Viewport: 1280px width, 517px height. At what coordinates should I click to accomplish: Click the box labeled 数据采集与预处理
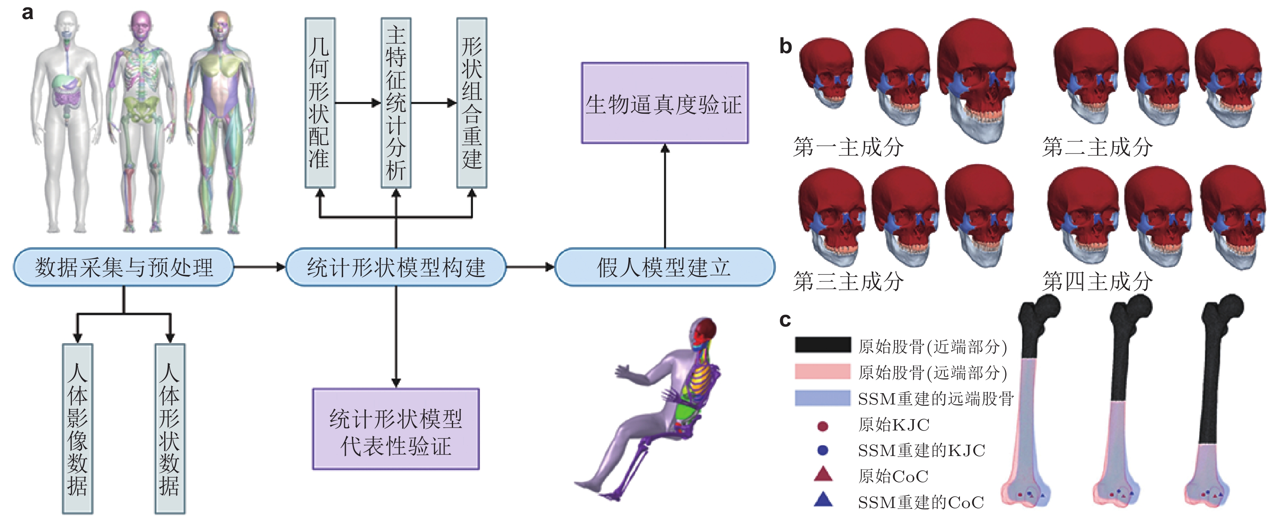click(x=123, y=267)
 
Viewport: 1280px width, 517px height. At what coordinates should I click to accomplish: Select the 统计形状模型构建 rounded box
click(x=396, y=267)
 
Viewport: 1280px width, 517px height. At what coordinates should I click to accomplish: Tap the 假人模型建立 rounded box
click(x=664, y=267)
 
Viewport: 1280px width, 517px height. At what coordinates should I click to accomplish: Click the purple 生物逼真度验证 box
click(x=664, y=103)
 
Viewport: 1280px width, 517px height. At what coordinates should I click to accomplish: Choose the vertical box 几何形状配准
click(x=320, y=103)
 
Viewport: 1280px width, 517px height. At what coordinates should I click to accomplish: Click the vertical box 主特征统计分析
click(x=396, y=103)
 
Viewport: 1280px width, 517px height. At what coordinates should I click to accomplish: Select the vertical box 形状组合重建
click(x=471, y=103)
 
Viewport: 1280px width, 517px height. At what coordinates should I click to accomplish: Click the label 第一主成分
click(x=848, y=147)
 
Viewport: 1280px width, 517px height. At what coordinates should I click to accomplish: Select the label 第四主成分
click(x=1097, y=281)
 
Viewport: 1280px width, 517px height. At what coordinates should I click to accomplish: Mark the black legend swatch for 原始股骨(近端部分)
click(x=823, y=345)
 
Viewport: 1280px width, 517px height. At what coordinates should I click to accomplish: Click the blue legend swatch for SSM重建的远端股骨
click(x=823, y=398)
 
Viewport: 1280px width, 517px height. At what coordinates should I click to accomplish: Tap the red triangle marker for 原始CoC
click(x=823, y=475)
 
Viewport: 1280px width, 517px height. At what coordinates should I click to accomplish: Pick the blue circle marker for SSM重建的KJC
click(x=823, y=450)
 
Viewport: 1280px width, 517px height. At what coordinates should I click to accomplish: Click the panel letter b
click(x=785, y=46)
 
